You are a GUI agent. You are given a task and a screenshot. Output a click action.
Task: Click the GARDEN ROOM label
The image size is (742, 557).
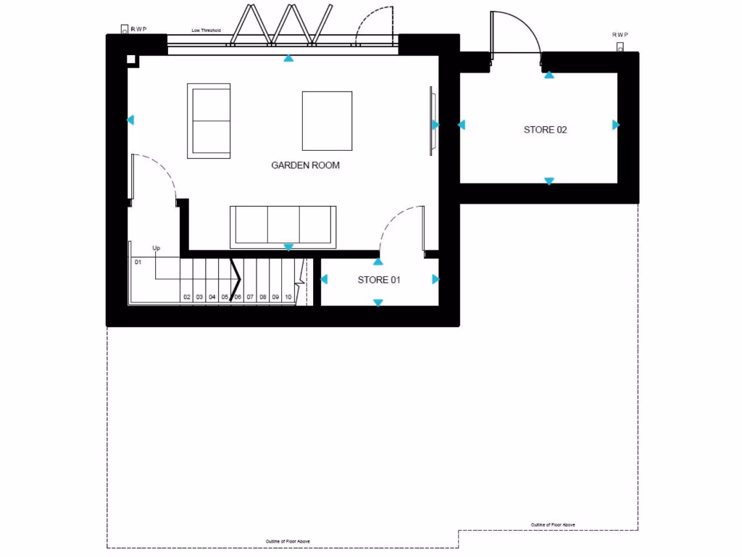point(305,165)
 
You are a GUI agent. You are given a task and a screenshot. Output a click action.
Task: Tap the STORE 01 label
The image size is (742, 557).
point(378,280)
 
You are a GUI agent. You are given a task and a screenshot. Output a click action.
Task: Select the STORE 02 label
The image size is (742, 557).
point(545,131)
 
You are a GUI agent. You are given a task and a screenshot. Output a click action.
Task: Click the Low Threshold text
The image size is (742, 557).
point(206,30)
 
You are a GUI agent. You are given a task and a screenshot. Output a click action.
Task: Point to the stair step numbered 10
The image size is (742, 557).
point(288,297)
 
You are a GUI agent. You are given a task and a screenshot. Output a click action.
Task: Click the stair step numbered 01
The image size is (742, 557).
point(138,262)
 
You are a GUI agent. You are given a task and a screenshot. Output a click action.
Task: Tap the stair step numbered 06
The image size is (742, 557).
point(237,297)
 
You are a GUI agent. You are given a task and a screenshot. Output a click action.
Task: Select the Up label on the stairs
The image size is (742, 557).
point(156,249)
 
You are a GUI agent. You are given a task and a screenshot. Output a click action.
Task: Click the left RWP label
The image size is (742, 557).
point(138,30)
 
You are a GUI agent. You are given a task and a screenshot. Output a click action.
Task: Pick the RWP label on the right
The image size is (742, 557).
point(620,35)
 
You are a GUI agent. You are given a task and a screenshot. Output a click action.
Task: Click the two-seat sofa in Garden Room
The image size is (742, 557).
point(209,120)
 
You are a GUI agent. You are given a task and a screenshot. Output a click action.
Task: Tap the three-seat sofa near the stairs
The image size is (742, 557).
point(283,226)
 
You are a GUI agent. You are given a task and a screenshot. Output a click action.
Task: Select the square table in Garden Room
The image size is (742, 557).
point(327,120)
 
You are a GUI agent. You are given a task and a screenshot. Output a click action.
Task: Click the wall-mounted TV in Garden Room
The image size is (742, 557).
point(432,120)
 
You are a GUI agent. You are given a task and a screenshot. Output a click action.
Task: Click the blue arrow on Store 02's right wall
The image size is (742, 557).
point(616,125)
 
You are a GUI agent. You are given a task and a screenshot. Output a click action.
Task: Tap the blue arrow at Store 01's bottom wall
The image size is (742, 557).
point(378,302)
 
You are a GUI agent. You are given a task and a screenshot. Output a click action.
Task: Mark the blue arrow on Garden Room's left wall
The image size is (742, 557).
point(130,120)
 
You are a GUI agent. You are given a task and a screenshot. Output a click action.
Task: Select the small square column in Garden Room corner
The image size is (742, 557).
point(131,60)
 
